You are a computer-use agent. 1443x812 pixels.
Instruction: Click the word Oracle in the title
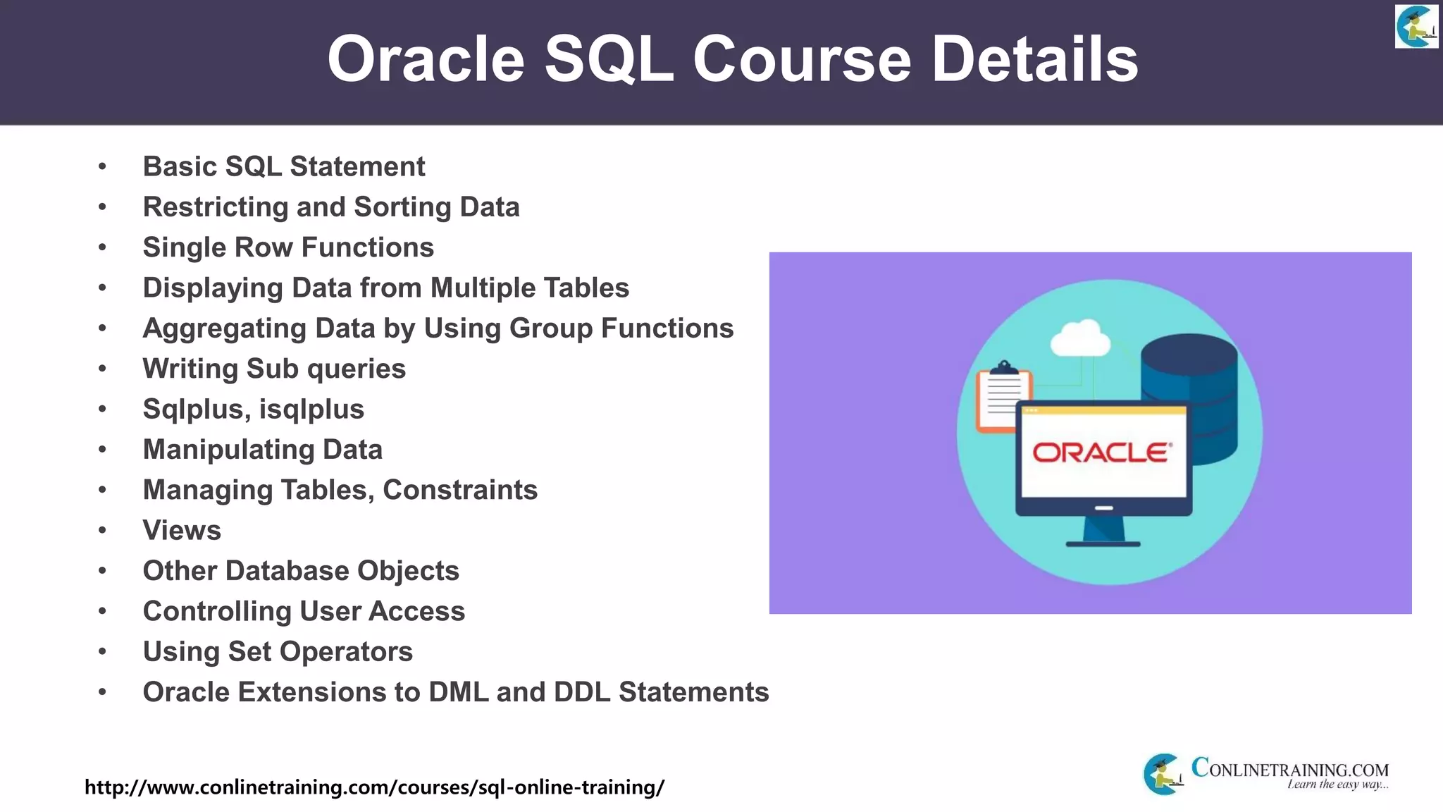(x=426, y=59)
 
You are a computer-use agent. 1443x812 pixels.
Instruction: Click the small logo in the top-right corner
(x=1416, y=27)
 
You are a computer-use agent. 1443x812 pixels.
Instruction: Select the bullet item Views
(x=182, y=530)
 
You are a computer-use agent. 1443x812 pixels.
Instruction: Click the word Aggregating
(x=224, y=328)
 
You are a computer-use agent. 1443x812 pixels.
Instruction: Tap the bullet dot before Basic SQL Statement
(x=103, y=167)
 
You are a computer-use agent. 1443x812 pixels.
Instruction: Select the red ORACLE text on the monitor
(x=1102, y=453)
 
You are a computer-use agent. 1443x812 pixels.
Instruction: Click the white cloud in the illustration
(x=1079, y=339)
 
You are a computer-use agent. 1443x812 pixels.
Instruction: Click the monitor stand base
(x=1103, y=543)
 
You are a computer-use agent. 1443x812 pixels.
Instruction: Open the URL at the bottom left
(x=374, y=787)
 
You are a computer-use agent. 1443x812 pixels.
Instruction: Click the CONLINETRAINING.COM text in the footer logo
(x=1289, y=768)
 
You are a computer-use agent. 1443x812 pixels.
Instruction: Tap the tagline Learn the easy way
(x=1337, y=785)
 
